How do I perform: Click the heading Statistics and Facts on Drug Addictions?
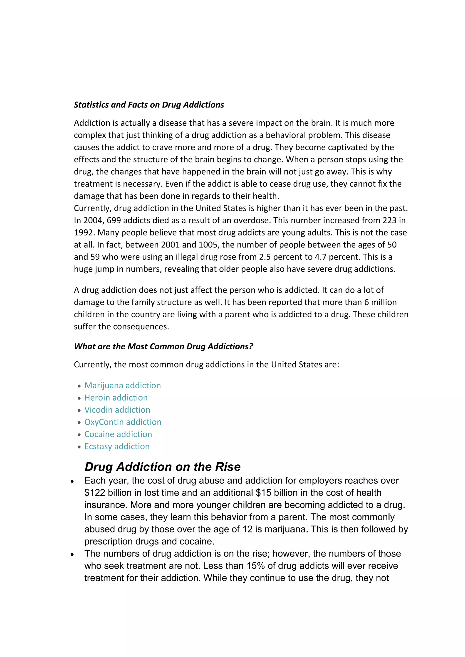149,105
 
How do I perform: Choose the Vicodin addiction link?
117,410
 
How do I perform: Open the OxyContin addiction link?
123,422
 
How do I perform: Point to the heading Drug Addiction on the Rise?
162,467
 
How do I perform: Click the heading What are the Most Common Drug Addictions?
163,346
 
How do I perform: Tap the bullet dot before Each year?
72,482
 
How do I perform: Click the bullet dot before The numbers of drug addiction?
72,554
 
